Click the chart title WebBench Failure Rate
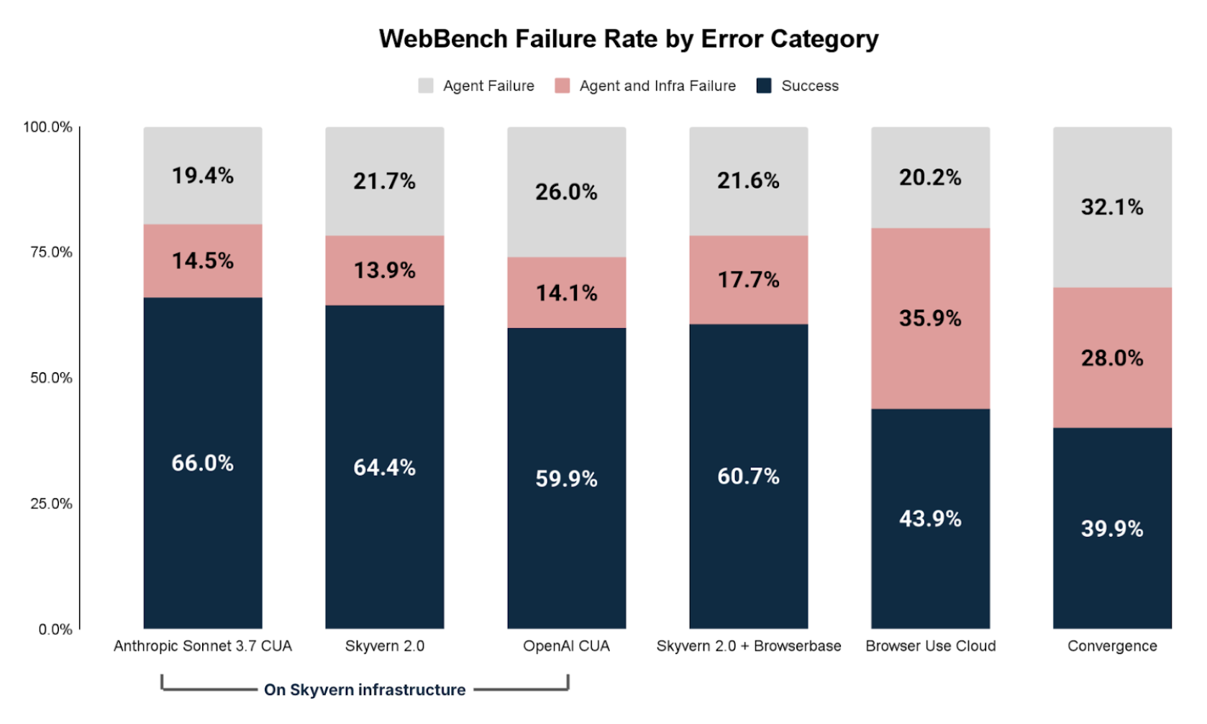pyautogui.click(x=629, y=39)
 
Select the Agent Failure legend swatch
pyautogui.click(x=426, y=86)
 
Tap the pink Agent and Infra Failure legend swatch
pyautogui.click(x=562, y=86)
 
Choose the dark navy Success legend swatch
pyautogui.click(x=764, y=86)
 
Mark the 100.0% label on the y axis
pyautogui.click(x=47, y=127)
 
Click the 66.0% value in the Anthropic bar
pyautogui.click(x=202, y=463)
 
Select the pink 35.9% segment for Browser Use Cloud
pyautogui.click(x=930, y=318)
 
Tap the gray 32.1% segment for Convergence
pyautogui.click(x=1112, y=207)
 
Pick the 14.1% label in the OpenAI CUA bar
pyautogui.click(x=566, y=293)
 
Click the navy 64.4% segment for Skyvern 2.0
pyautogui.click(x=384, y=467)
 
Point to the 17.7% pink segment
pyautogui.click(x=748, y=279)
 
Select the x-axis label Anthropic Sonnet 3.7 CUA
pyautogui.click(x=202, y=646)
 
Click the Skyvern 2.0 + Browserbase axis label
pyautogui.click(x=748, y=646)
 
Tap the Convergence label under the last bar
pyautogui.click(x=1112, y=646)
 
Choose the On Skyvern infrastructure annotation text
pyautogui.click(x=365, y=689)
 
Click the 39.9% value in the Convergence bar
pyautogui.click(x=1112, y=529)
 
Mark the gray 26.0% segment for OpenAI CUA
pyautogui.click(x=566, y=191)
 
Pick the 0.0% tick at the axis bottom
pyautogui.click(x=55, y=629)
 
